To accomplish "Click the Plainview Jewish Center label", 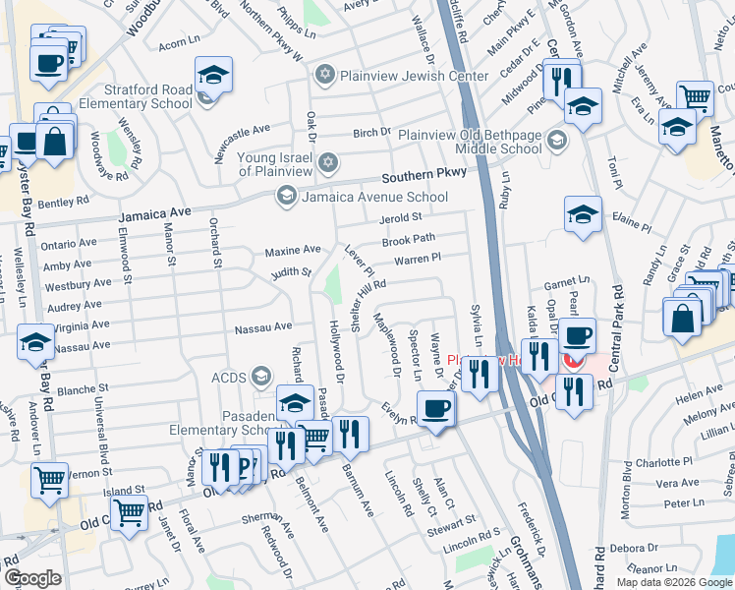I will point(414,76).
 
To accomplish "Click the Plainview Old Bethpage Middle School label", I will point(473,142).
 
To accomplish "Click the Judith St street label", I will point(292,272).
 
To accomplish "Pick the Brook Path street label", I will point(408,239).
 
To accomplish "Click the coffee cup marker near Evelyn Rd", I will point(434,407).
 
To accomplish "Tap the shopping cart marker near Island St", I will point(129,511).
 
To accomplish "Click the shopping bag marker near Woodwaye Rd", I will point(55,140).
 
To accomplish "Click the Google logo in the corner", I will point(32,578).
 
